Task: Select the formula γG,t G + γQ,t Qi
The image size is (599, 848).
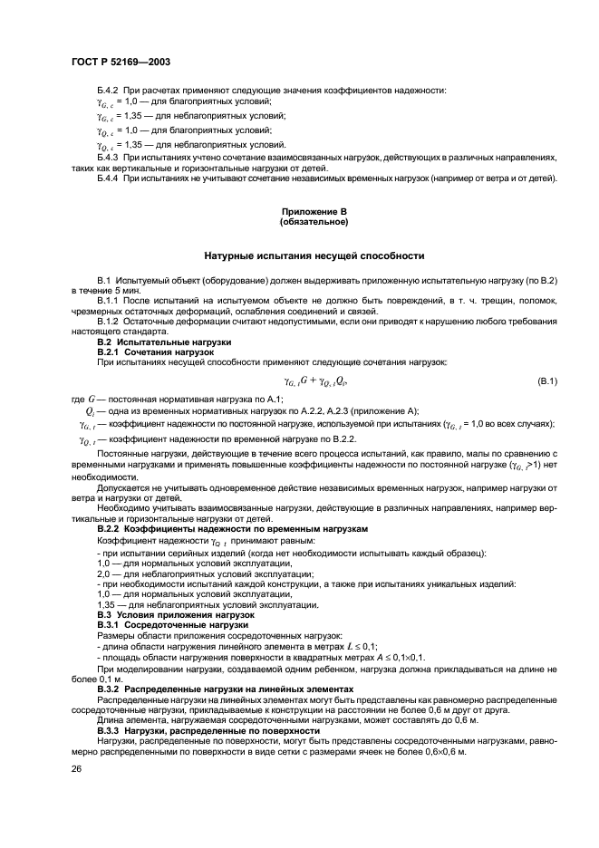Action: coord(322,380)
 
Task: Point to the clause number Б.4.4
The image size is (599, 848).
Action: coord(111,178)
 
